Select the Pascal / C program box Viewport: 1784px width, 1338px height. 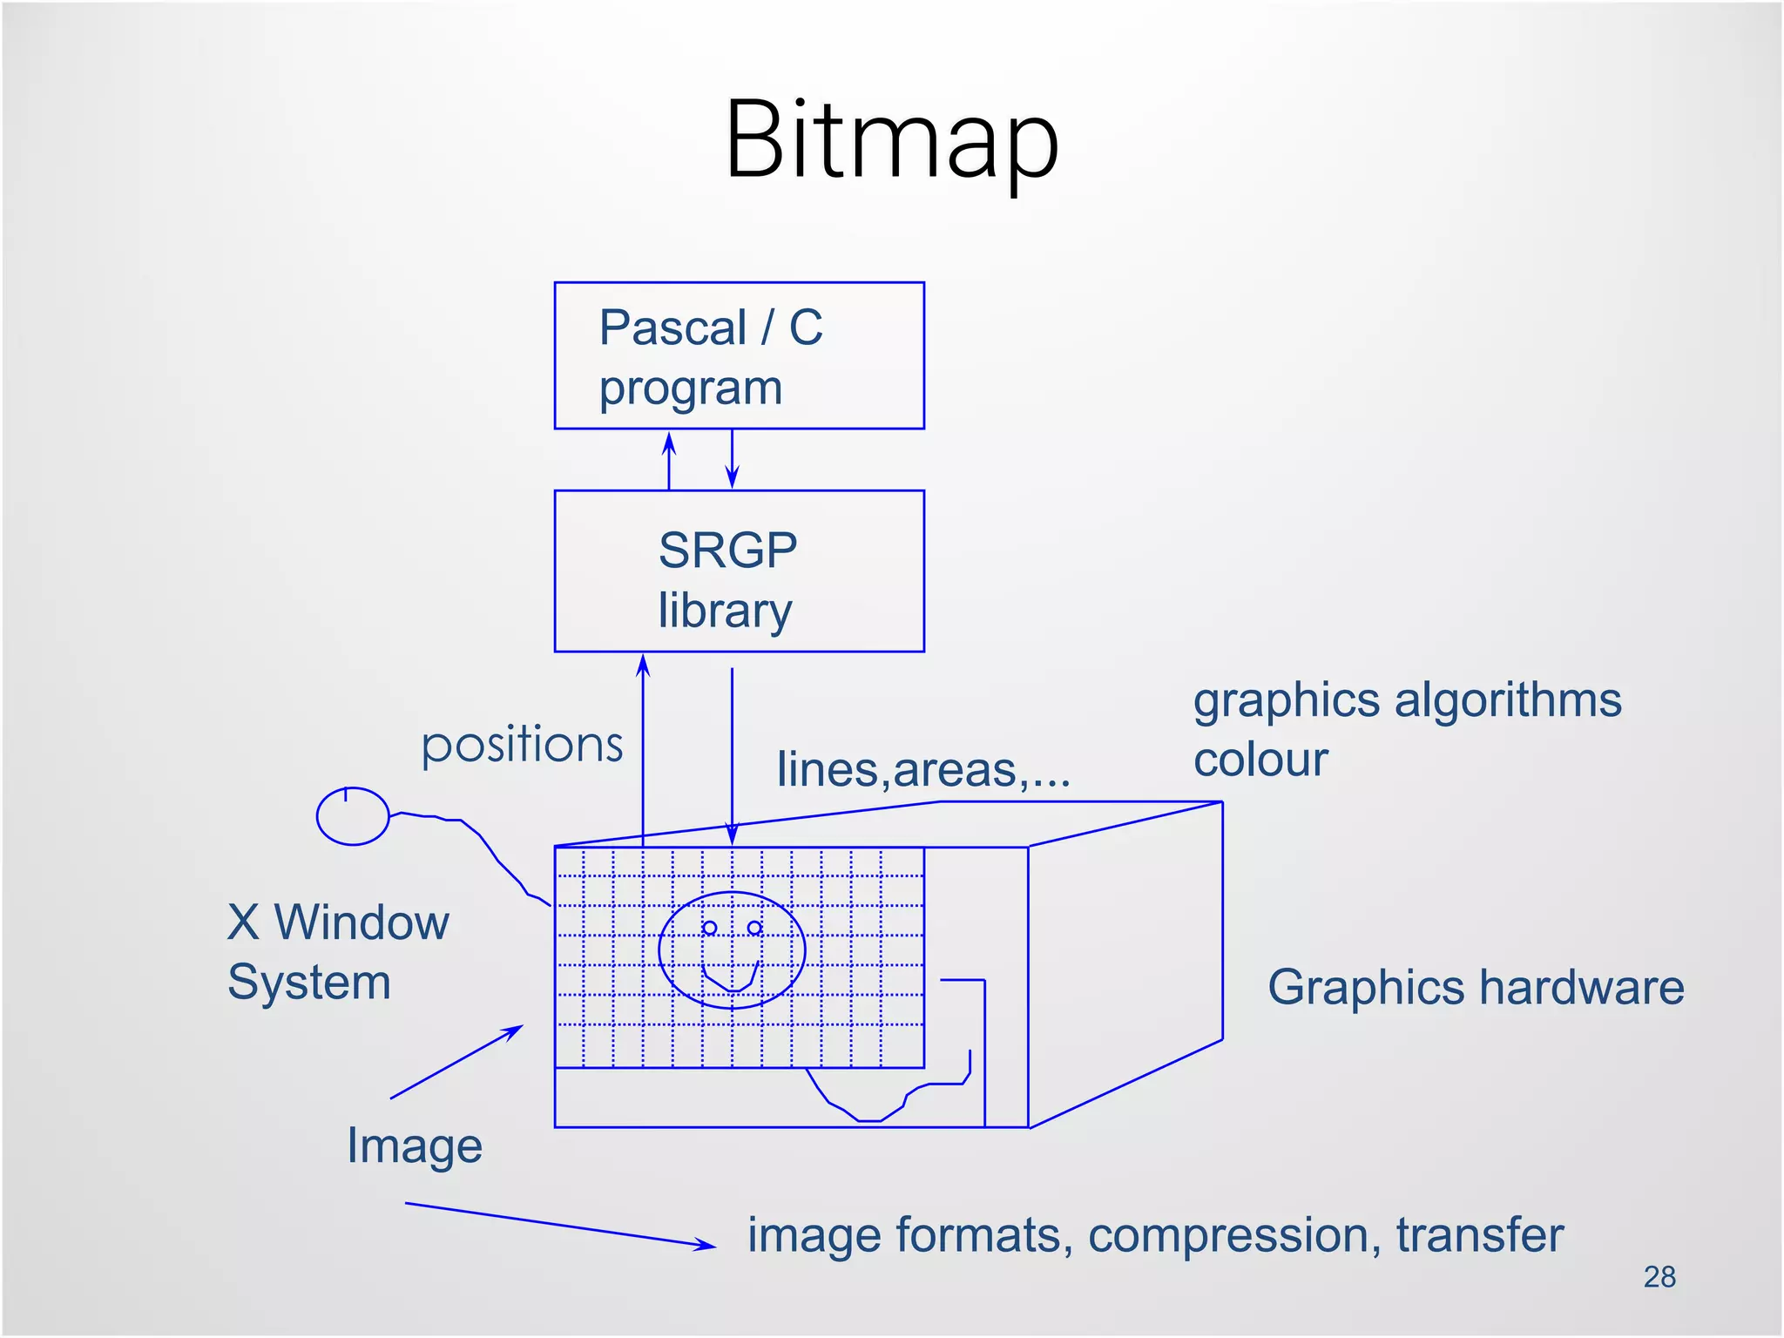click(x=739, y=355)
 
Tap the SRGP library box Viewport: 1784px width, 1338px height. click(x=739, y=571)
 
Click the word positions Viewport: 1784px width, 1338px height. click(x=522, y=747)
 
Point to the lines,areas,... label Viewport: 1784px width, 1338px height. click(x=923, y=770)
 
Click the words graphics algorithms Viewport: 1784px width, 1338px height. click(x=1407, y=700)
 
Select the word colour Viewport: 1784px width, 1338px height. click(x=1260, y=760)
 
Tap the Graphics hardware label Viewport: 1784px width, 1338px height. click(x=1476, y=988)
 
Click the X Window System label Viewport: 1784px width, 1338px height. click(x=338, y=952)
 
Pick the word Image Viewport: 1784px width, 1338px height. click(x=415, y=1146)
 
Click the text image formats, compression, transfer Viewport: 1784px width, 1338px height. click(x=1155, y=1235)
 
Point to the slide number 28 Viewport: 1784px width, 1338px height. click(x=1659, y=1277)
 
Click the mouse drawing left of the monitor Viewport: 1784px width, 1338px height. click(x=352, y=816)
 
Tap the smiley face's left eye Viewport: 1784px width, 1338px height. click(x=710, y=929)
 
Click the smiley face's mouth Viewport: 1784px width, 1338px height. click(x=731, y=979)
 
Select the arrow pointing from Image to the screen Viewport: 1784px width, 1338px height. click(x=456, y=1062)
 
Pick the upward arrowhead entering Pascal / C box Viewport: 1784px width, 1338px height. click(x=669, y=443)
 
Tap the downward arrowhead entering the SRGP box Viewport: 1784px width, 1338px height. click(x=733, y=476)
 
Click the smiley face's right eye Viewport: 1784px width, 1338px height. click(x=755, y=929)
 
